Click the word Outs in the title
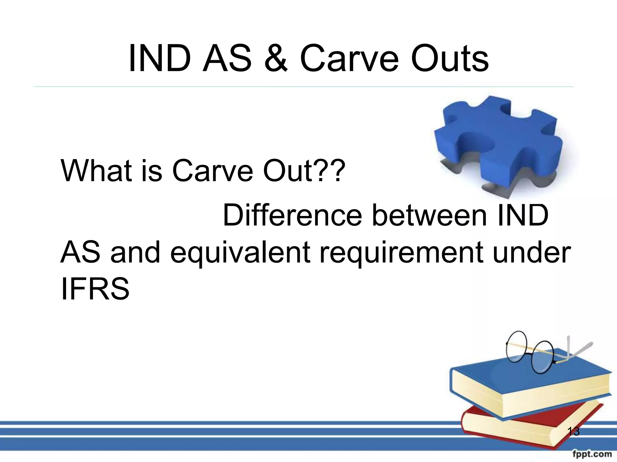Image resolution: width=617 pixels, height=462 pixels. tap(449, 58)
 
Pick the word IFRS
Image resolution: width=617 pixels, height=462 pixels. tap(95, 289)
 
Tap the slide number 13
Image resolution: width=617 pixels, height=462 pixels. tap(573, 432)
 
